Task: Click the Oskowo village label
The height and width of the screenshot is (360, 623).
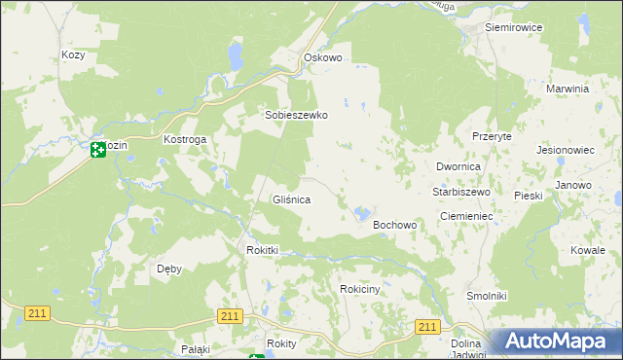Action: (323, 58)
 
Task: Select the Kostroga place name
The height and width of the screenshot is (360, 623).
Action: (185, 140)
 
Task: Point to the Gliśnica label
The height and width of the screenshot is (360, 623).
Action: (290, 199)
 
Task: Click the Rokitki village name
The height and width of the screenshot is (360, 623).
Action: (262, 250)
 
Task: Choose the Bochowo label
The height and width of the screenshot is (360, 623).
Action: (395, 225)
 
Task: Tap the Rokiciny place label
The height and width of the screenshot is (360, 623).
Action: (365, 289)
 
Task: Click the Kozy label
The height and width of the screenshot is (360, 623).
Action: (73, 55)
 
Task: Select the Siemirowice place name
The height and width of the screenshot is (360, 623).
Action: (513, 27)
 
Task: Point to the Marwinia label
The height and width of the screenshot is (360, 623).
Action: (568, 89)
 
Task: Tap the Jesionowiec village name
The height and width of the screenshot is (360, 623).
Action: (566, 151)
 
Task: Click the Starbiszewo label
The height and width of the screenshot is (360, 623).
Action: (460, 192)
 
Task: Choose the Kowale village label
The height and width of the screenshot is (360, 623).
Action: (588, 250)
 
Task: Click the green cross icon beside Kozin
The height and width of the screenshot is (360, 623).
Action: (97, 150)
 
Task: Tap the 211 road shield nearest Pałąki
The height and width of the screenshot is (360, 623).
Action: (230, 316)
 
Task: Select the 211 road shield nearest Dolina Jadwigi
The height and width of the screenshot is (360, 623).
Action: (427, 328)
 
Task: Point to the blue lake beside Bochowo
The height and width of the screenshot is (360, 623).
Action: (362, 212)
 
